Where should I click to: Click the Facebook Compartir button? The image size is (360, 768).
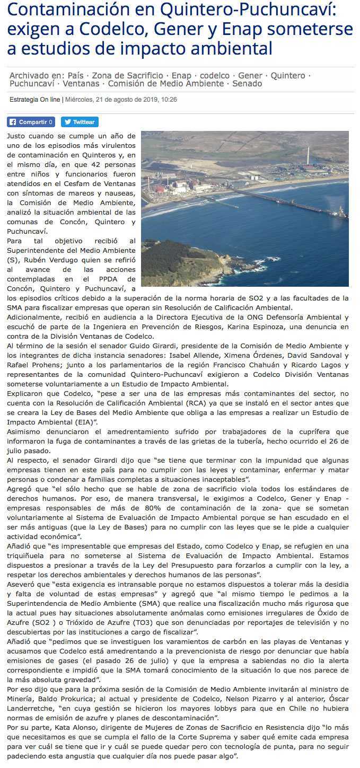point(31,122)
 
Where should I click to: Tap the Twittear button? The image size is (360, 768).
point(79,122)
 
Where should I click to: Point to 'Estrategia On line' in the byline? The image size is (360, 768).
point(35,99)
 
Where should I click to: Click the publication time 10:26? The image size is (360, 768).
point(170,99)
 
